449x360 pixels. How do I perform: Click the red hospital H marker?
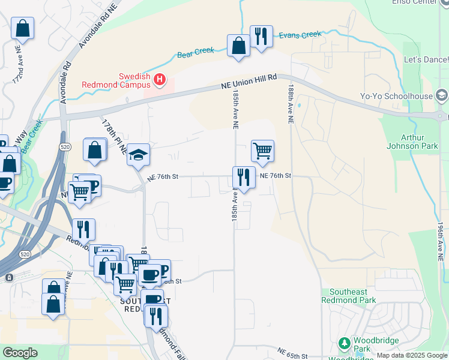pos(160,79)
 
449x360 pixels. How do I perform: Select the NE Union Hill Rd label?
pos(249,82)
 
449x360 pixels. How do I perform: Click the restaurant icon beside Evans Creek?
pos(261,37)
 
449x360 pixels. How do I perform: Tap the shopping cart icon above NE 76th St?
pos(262,151)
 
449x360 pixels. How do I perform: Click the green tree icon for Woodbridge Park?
pos(345,344)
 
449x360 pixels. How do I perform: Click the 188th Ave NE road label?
pos(290,104)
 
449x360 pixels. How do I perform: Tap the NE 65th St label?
pos(292,352)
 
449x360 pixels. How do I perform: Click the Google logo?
pos(20,353)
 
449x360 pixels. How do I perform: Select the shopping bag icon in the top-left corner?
pos(22,28)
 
